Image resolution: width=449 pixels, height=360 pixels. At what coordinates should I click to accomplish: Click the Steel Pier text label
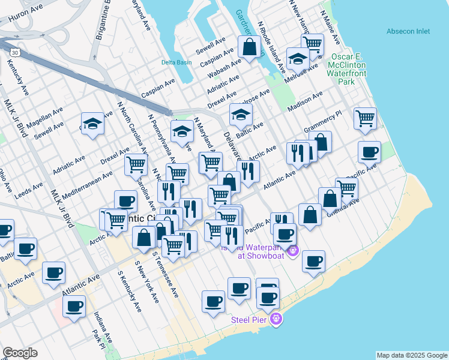251,319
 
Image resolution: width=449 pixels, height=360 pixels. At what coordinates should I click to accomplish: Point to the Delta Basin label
175,62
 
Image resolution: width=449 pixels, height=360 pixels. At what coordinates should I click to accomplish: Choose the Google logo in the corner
20,353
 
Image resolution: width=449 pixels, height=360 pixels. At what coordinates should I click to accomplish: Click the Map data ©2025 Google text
412,355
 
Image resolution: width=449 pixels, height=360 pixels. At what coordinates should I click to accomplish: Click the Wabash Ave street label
224,68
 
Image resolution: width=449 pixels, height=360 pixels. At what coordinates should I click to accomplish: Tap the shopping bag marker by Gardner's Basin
249,46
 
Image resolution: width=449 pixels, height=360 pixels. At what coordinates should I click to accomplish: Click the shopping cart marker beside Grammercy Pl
365,118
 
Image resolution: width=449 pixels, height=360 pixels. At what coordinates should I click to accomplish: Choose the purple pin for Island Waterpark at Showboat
293,250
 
